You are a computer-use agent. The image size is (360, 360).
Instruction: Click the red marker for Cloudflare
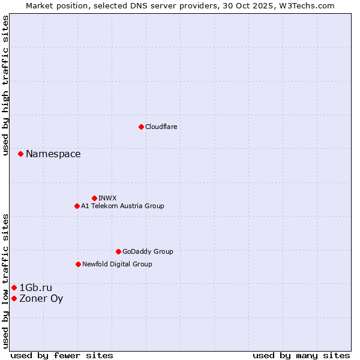click(141, 127)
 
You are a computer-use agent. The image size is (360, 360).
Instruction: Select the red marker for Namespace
click(20, 154)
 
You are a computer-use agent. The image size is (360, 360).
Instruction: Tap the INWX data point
click(94, 198)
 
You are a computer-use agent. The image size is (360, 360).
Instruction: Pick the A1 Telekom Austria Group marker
click(77, 206)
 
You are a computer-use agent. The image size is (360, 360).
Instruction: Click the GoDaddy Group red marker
click(118, 251)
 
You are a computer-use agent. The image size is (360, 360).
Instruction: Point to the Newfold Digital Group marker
click(78, 264)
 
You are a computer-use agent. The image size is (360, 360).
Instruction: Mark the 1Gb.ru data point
click(14, 288)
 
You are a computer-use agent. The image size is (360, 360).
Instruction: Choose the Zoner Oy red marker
click(14, 298)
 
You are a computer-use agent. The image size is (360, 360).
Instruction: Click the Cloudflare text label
click(161, 127)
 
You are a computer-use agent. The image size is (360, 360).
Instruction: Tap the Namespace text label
click(53, 154)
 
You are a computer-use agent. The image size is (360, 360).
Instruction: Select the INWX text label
click(107, 198)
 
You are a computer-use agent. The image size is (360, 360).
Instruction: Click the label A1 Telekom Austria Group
click(122, 206)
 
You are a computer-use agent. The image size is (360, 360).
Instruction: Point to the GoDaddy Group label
click(148, 251)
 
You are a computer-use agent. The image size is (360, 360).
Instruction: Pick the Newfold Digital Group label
click(117, 264)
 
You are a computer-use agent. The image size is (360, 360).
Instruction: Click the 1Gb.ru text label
click(36, 288)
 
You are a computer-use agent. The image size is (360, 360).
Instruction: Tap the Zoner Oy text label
click(41, 299)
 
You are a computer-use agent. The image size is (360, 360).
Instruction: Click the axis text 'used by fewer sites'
click(62, 355)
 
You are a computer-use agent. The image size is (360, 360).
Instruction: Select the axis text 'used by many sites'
click(301, 355)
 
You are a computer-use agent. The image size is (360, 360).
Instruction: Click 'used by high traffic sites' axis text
click(6, 86)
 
